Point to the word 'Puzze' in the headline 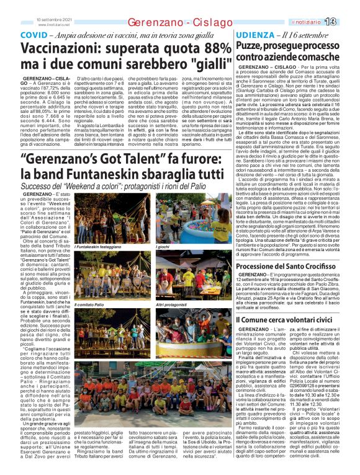(x=249, y=47)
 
